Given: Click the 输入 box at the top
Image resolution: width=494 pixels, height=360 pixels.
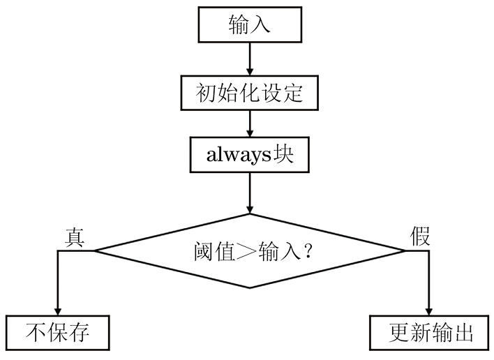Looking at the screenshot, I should (x=249, y=24).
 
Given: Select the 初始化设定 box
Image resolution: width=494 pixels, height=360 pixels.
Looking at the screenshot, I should (x=249, y=91).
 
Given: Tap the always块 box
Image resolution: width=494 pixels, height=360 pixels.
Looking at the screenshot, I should (x=249, y=154).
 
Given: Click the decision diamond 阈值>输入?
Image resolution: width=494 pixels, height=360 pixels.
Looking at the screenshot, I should (x=250, y=250).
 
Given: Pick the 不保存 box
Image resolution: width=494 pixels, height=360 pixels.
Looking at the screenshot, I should (x=57, y=333).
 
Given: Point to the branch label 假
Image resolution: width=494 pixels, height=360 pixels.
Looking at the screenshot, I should (x=420, y=237).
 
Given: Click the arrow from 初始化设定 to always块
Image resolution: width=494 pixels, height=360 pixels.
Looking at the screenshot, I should (x=249, y=123).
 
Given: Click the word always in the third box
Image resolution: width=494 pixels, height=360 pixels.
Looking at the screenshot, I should (x=237, y=155).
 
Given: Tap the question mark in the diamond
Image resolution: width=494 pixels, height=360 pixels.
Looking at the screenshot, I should (x=306, y=251).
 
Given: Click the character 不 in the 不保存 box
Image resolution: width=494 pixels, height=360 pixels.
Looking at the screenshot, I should (x=36, y=333).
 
